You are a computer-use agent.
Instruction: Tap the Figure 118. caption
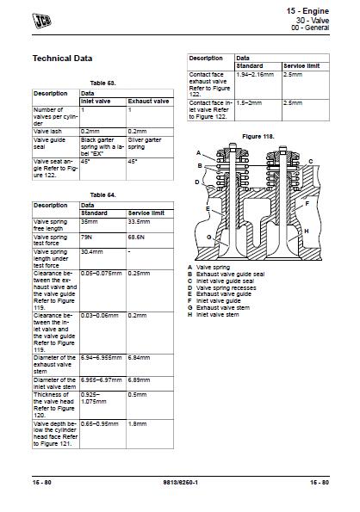coord(258,136)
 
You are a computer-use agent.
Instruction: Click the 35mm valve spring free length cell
coord(88,221)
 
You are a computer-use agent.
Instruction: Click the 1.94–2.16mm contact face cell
coord(255,75)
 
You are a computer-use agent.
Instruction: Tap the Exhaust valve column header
coord(148,102)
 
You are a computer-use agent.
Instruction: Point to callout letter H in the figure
coord(307,231)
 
